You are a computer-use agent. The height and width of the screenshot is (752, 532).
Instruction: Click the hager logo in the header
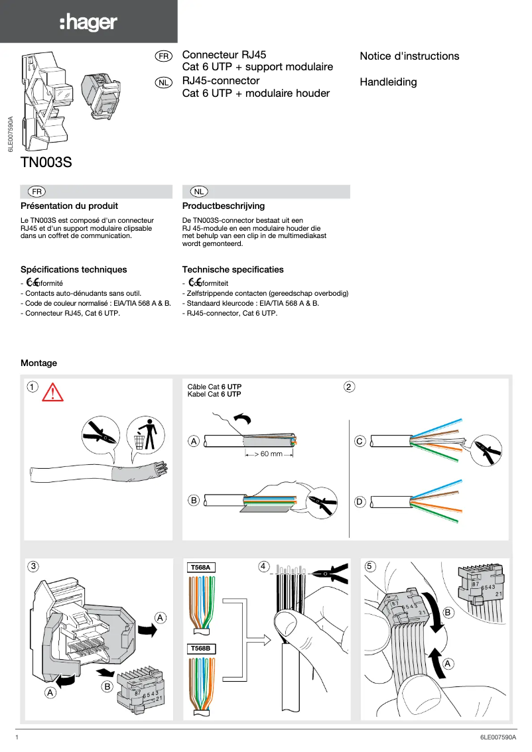click(x=88, y=23)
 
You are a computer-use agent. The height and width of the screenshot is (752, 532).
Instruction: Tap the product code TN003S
click(x=46, y=161)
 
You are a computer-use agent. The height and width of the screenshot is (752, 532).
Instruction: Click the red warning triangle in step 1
click(x=52, y=393)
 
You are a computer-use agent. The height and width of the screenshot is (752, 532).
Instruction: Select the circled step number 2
click(x=350, y=387)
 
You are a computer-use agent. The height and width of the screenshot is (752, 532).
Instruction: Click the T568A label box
click(x=200, y=568)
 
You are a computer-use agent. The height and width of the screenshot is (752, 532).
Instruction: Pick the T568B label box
click(x=200, y=648)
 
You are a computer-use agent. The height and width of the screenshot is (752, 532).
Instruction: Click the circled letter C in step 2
click(x=360, y=440)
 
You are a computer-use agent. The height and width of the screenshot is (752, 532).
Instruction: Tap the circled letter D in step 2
click(x=360, y=502)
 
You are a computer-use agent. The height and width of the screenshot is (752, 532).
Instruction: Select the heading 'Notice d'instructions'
click(x=409, y=56)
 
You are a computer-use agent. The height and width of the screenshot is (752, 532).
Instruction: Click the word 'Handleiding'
click(x=388, y=82)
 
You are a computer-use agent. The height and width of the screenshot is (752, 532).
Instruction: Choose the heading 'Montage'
click(x=39, y=363)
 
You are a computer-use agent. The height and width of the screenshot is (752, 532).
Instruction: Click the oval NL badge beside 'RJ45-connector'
click(x=163, y=82)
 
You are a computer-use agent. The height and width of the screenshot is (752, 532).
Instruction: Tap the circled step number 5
click(x=370, y=566)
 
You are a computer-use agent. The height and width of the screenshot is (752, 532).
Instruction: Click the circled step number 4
click(x=263, y=566)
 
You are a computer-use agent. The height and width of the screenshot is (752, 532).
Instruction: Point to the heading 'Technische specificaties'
click(x=233, y=270)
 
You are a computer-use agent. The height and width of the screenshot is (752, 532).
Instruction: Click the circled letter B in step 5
click(x=448, y=613)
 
